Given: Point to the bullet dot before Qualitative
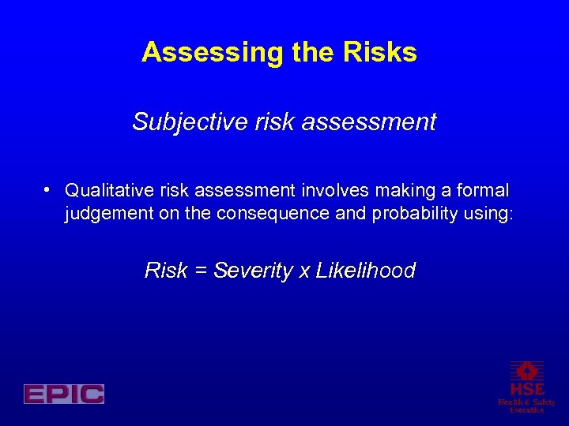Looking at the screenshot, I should (49, 189).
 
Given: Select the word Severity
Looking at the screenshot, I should (252, 271).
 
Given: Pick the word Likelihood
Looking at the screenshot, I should (365, 271).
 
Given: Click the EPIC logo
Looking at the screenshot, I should (64, 394).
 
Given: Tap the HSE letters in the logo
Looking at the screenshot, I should (526, 389).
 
